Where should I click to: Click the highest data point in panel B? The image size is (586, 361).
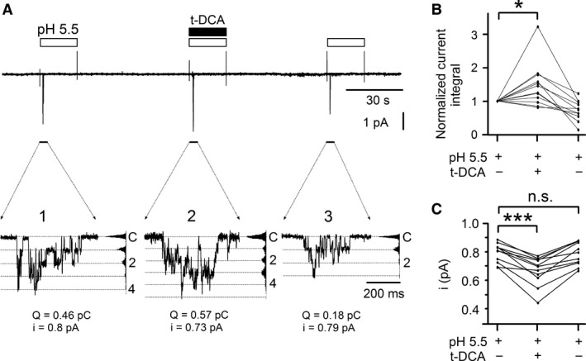[538, 26]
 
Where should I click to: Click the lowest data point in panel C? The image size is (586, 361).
[538, 302]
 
